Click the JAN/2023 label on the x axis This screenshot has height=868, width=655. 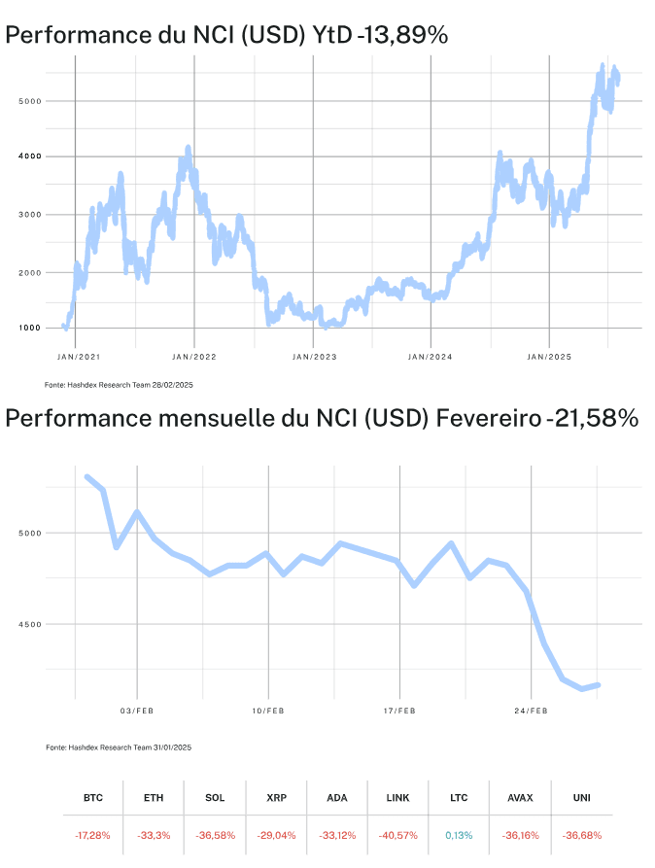pyautogui.click(x=313, y=358)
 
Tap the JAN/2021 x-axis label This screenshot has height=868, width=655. pyautogui.click(x=76, y=358)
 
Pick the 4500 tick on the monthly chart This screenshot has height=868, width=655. pyautogui.click(x=30, y=625)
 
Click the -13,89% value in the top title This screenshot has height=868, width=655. pyautogui.click(x=401, y=35)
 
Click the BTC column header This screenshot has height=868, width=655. pyautogui.click(x=93, y=798)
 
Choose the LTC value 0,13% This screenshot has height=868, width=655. pyautogui.click(x=458, y=835)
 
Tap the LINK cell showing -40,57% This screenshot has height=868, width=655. pyautogui.click(x=397, y=835)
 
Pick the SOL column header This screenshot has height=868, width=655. pyautogui.click(x=215, y=798)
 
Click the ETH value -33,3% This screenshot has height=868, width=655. pyautogui.click(x=154, y=835)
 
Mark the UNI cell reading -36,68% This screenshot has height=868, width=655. pyautogui.click(x=582, y=835)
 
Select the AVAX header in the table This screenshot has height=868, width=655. pyautogui.click(x=520, y=798)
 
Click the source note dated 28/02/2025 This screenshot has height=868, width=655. pyautogui.click(x=120, y=386)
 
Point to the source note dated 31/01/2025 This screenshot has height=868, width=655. pyautogui.click(x=120, y=747)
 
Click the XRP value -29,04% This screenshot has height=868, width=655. pyautogui.click(x=276, y=835)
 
